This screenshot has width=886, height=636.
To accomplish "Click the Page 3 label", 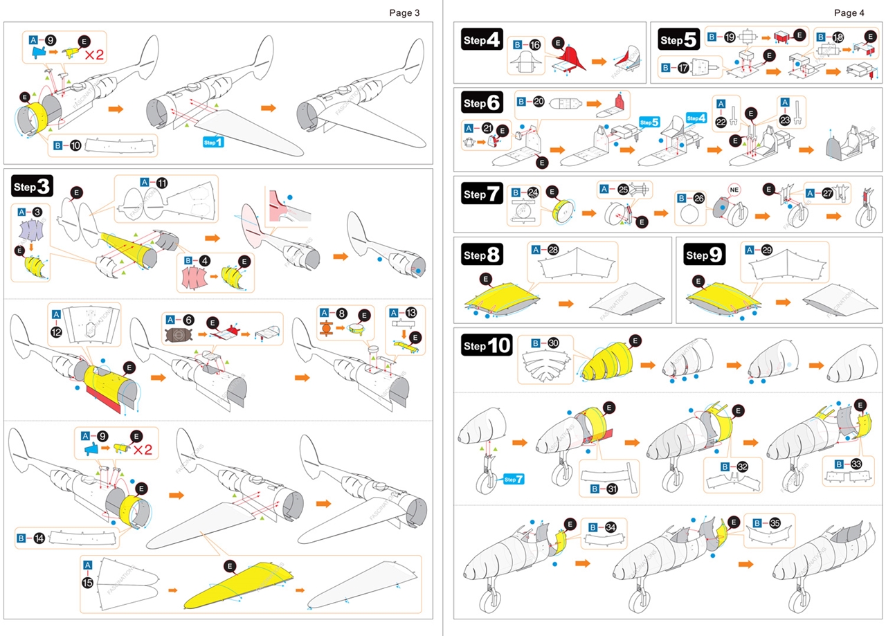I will click(404, 12).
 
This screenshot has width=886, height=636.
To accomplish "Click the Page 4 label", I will click(849, 12).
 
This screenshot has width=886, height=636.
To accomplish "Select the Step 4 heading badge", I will click(482, 40).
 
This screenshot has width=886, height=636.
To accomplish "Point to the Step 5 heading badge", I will click(679, 40).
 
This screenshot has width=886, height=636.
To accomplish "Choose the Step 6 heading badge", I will click(482, 103).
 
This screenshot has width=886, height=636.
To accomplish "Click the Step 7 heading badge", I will click(482, 194).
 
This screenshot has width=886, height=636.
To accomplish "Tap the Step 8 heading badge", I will click(482, 255).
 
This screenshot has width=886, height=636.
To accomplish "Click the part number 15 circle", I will click(88, 583).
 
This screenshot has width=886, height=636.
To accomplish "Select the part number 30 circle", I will click(553, 343).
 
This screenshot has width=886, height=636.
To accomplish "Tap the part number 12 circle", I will click(57, 331).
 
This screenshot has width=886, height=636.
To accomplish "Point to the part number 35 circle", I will click(775, 523).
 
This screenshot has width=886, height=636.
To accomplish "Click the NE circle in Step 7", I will click(735, 188).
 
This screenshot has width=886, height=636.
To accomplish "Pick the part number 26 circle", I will click(698, 198).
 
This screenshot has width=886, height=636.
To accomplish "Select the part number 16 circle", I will click(535, 44).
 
